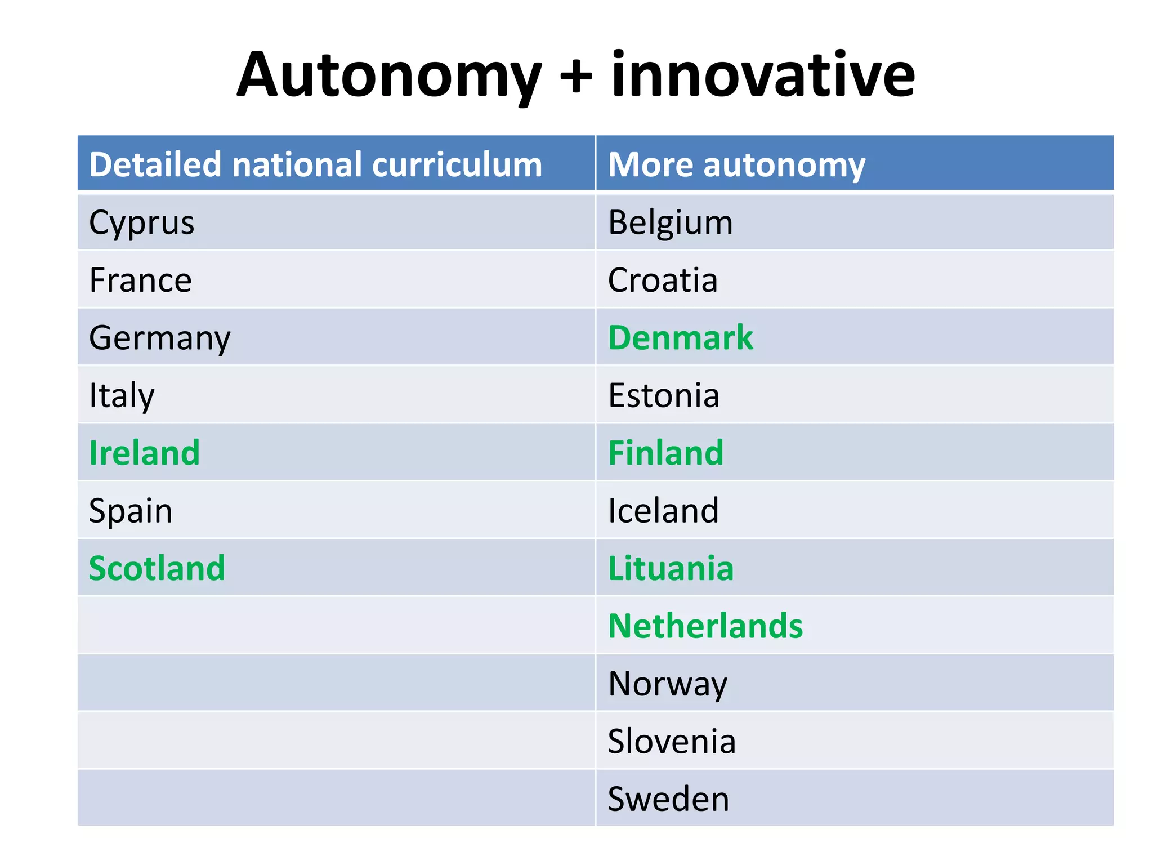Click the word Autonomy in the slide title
(388, 76)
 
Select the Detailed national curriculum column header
(315, 164)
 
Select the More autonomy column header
(736, 164)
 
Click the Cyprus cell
(142, 222)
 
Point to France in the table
(141, 280)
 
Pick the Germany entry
(160, 338)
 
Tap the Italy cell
(122, 395)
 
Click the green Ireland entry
(145, 453)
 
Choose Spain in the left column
(131, 511)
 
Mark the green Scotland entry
(157, 568)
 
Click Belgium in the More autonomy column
(671, 222)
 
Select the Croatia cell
(663, 280)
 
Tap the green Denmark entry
(681, 338)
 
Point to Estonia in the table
(664, 395)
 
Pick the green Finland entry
(666, 453)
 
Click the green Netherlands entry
(705, 626)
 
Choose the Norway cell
(668, 684)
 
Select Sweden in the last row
(668, 799)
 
